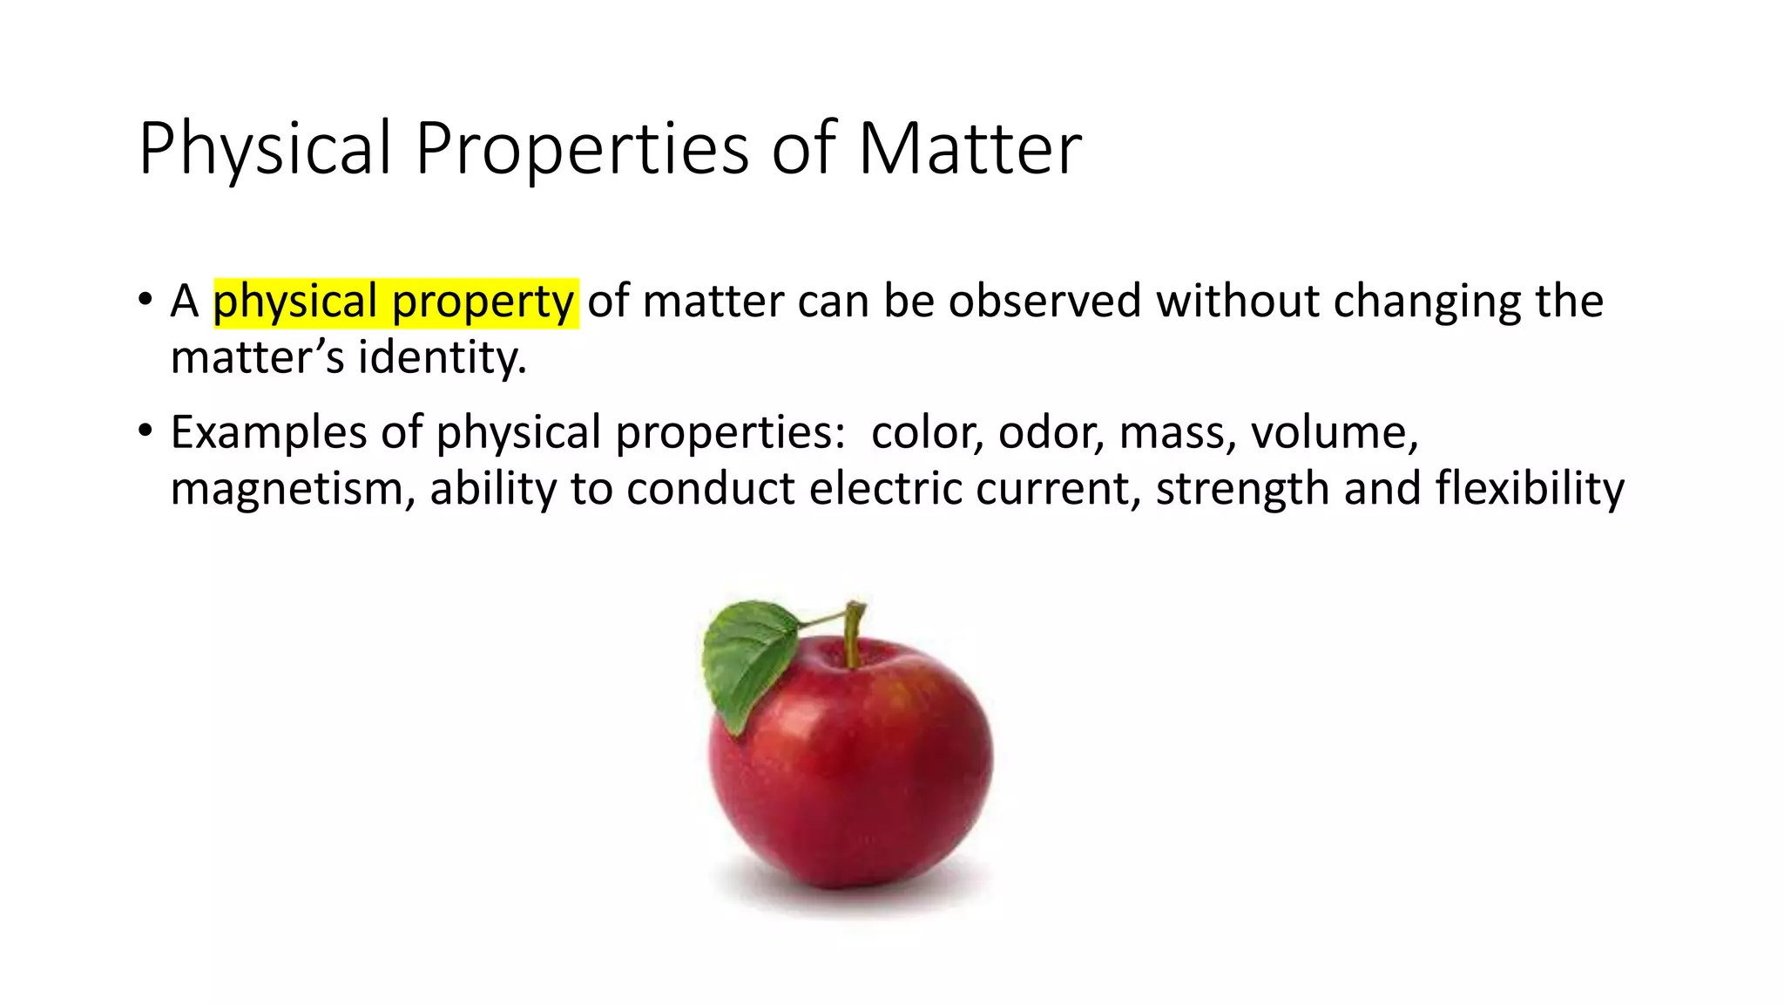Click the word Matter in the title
click(x=970, y=149)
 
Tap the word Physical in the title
click(x=264, y=149)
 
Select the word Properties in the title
click(x=581, y=149)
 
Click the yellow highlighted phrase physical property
click(x=395, y=302)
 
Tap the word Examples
click(x=268, y=432)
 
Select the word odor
click(x=1051, y=432)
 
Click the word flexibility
click(x=1530, y=488)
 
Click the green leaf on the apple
click(x=747, y=659)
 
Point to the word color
click(x=927, y=432)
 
